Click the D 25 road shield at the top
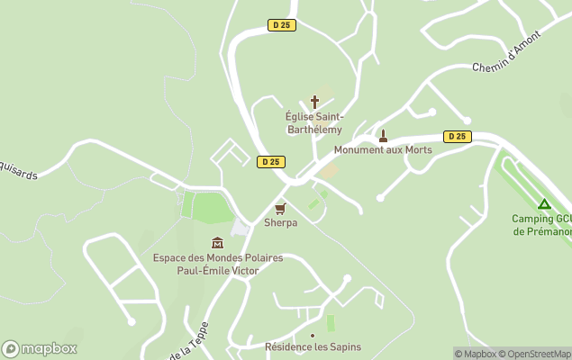coord(282,25)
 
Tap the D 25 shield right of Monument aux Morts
coord(458,137)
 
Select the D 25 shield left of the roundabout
coord(269,162)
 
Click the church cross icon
coord(314,102)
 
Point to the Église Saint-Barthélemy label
coord(313,123)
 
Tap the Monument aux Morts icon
coord(383,136)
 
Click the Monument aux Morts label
coord(383,150)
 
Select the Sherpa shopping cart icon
coord(280,208)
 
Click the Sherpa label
coord(280,222)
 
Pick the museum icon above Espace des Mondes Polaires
coord(217,243)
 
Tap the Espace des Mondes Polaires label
coord(217,264)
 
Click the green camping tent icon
coord(543,203)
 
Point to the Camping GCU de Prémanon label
coord(541,225)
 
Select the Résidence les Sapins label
coord(313,347)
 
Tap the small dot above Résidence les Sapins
coord(313,336)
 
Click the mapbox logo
coord(40,349)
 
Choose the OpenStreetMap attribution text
coord(538,354)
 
